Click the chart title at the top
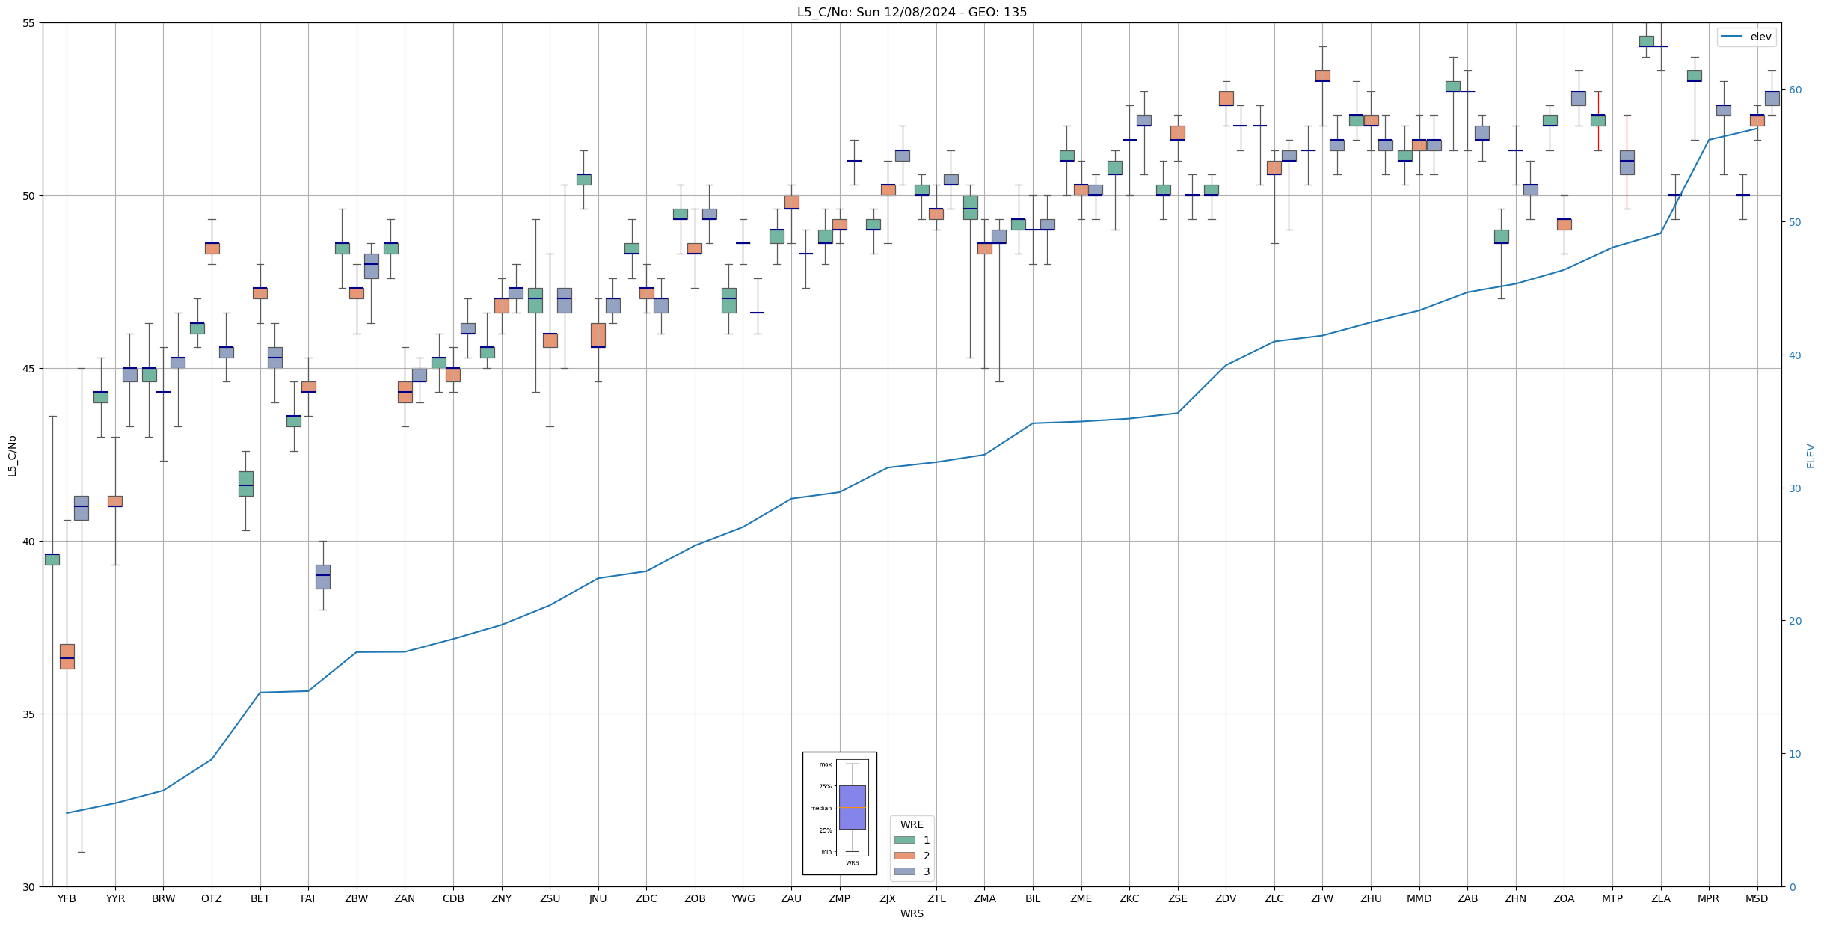(x=912, y=12)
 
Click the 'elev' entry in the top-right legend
(x=1760, y=37)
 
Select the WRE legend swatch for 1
(x=904, y=840)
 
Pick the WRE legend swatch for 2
(x=904, y=856)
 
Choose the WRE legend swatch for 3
(x=904, y=871)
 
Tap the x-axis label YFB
(x=67, y=898)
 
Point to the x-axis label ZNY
(x=501, y=898)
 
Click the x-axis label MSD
(x=1757, y=898)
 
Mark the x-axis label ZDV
(x=1226, y=898)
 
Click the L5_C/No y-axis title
(x=12, y=456)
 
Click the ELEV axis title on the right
(x=1811, y=456)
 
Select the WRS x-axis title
(x=912, y=913)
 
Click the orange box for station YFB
(x=67, y=656)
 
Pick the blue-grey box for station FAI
(x=322, y=577)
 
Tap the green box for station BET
(x=245, y=483)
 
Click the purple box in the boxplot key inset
(x=852, y=807)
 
